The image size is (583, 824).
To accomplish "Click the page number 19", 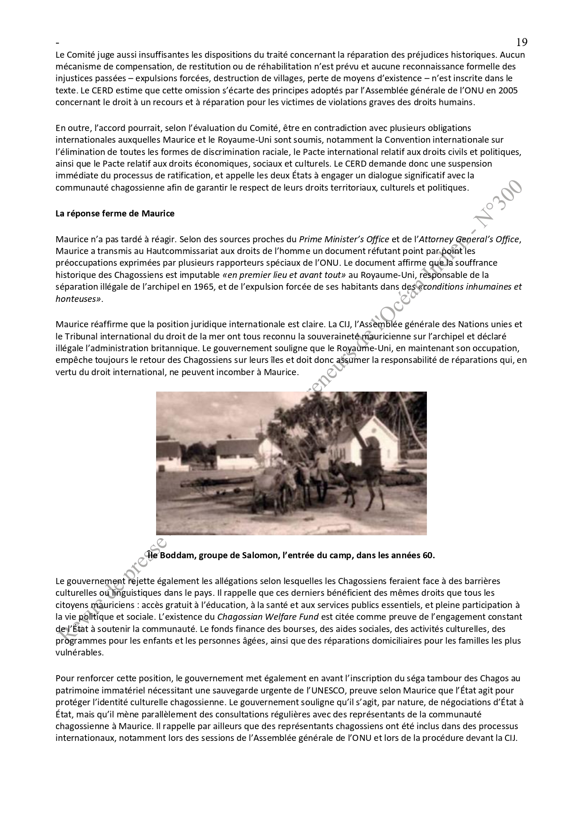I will click(x=521, y=43).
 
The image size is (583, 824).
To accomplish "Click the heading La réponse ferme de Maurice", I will click(x=115, y=214).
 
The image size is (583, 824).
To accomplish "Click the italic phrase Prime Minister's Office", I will click(x=344, y=239).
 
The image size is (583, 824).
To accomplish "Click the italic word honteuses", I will click(x=76, y=299).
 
